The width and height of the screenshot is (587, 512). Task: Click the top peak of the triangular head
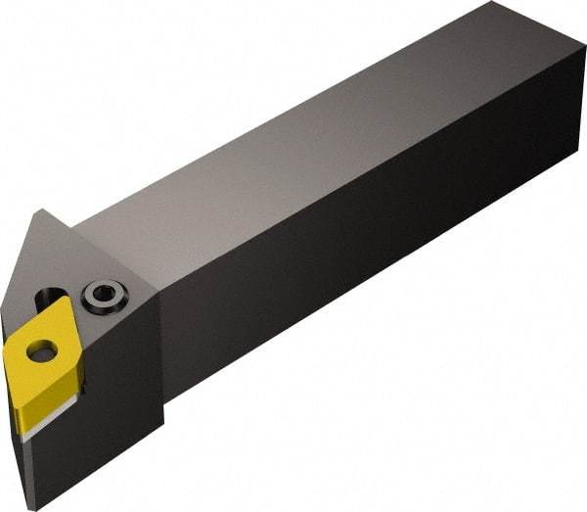click(x=41, y=211)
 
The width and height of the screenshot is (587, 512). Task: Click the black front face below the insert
click(x=98, y=431)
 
